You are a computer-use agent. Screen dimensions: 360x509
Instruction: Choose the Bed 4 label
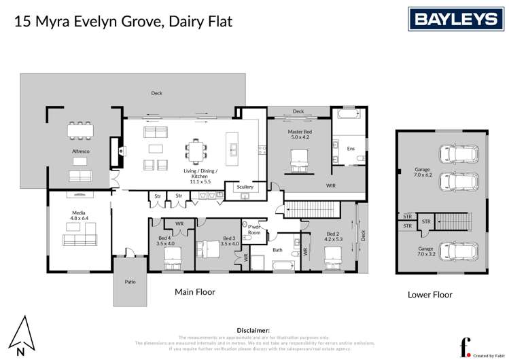point(165,239)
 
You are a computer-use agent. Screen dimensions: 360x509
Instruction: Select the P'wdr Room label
point(254,230)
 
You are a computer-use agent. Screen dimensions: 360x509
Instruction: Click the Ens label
point(351,148)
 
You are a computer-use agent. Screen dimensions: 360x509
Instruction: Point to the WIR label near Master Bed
point(331,185)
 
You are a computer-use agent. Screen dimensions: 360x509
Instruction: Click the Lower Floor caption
point(430,295)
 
